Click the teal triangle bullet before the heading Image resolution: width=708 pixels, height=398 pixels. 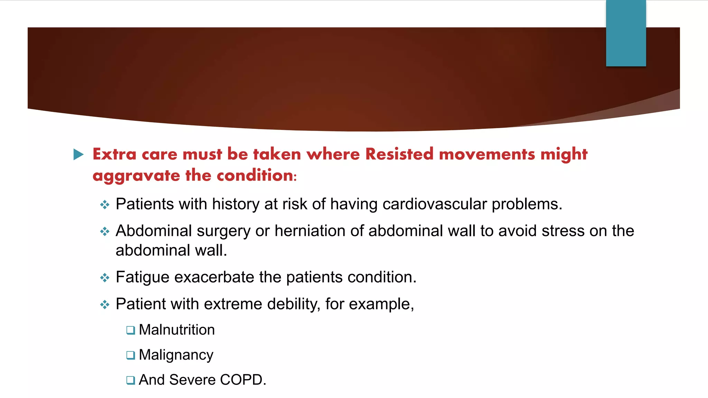point(78,154)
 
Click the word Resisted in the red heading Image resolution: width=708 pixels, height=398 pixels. point(399,154)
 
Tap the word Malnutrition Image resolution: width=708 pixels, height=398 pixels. point(177,330)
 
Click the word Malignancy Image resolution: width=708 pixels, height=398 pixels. point(176,355)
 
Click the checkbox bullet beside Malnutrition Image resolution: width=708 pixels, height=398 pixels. point(130,330)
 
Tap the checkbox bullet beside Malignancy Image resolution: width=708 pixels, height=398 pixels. point(130,355)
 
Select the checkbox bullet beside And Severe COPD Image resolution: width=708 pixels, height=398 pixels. point(130,380)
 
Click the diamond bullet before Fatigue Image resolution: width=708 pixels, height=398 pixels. point(105,277)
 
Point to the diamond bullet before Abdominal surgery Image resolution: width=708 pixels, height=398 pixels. point(105,231)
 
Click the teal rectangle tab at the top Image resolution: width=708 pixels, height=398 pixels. point(626,33)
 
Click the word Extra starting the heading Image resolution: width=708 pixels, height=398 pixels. point(114,154)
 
